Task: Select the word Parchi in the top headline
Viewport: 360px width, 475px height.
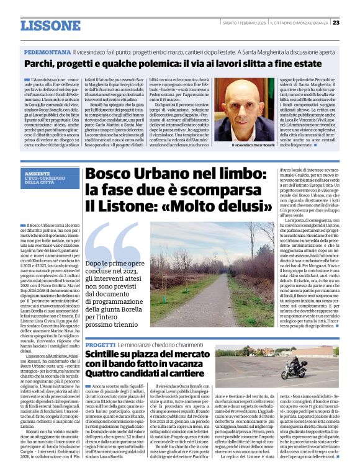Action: click(40, 64)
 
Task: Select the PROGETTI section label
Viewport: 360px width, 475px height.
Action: click(99, 344)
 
